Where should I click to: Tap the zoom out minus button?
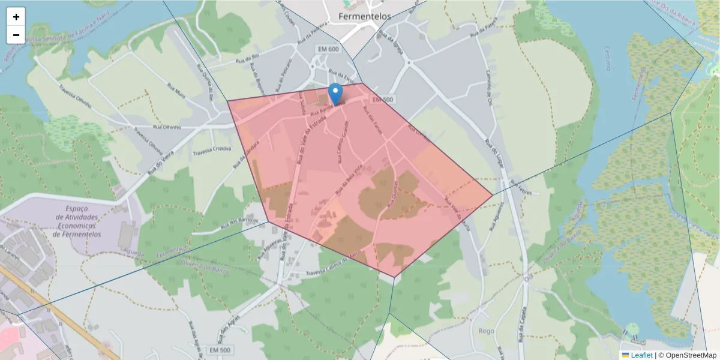pos(16,35)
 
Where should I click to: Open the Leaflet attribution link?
pos(641,355)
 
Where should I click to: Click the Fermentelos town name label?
pos(365,17)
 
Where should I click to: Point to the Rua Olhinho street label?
pos(167,127)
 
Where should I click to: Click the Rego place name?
pos(487,331)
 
